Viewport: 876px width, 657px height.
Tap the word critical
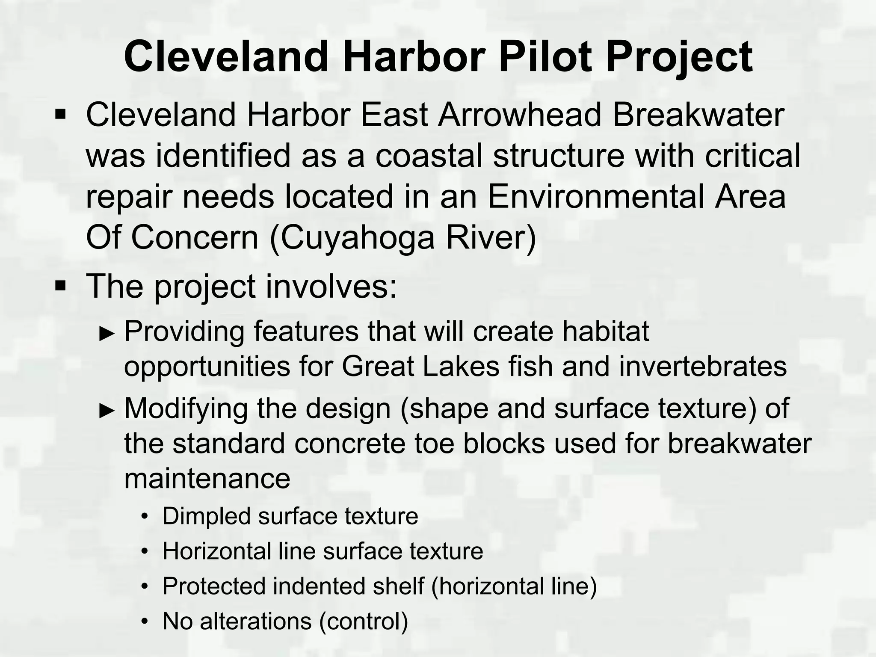(752, 156)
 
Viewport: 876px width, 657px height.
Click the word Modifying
(186, 409)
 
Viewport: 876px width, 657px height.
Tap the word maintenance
(207, 478)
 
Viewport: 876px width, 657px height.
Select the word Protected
(213, 586)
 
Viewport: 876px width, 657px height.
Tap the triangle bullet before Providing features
(107, 334)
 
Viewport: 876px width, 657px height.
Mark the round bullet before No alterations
(145, 621)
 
